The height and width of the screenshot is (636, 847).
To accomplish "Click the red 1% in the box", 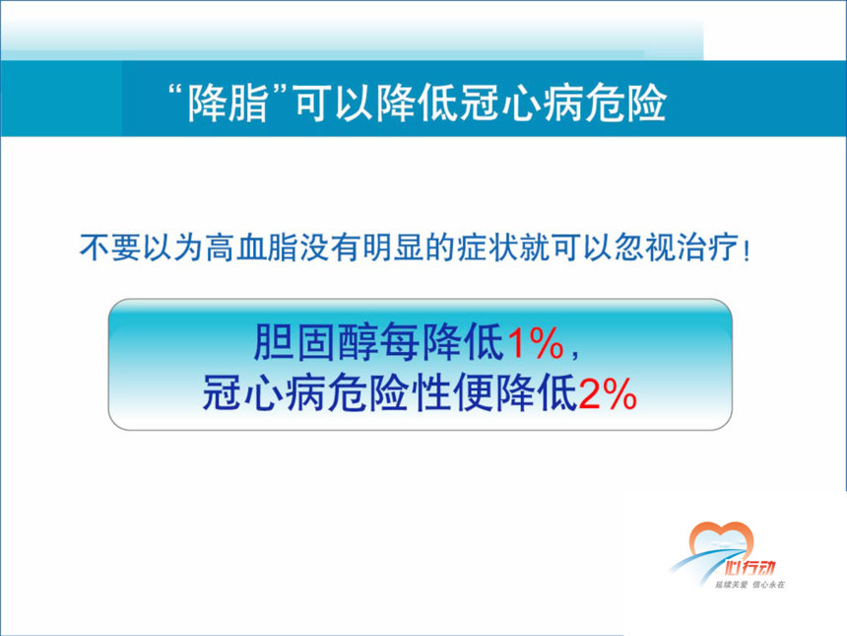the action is [x=536, y=343].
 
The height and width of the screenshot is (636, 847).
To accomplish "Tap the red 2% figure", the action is [x=608, y=393].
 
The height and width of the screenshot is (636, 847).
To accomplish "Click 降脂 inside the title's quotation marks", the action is [x=228, y=103].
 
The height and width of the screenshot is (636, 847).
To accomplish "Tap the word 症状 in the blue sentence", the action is [x=488, y=248].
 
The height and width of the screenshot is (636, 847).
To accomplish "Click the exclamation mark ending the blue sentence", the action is [x=747, y=249].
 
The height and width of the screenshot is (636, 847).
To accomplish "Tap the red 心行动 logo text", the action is [x=749, y=567].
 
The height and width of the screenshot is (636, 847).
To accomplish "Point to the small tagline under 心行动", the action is [x=749, y=585].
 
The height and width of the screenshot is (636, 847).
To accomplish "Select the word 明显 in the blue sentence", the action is [x=393, y=248].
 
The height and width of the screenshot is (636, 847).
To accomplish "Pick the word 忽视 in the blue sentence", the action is [x=645, y=248].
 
